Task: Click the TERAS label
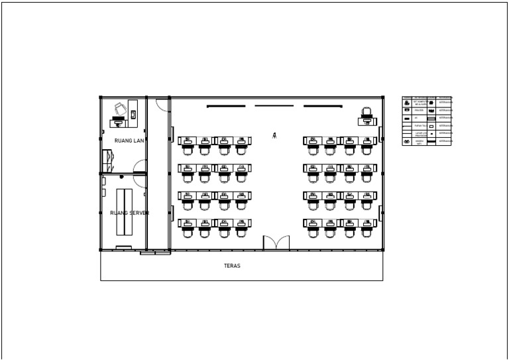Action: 232,266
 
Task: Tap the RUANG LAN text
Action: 129,141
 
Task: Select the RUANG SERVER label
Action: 129,213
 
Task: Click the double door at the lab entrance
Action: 276,243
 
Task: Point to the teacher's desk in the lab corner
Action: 367,121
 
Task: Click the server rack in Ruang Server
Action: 124,212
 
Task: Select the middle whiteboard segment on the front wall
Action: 274,105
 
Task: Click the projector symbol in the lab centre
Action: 274,135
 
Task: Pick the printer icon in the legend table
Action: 407,110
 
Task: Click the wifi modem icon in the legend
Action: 407,141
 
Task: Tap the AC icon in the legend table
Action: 407,118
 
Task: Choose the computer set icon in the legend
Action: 407,103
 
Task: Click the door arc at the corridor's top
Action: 162,104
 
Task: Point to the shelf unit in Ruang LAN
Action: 107,160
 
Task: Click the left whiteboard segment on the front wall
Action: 226,106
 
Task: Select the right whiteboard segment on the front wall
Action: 322,106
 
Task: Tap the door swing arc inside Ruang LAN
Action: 140,166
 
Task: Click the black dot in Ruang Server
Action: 121,177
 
